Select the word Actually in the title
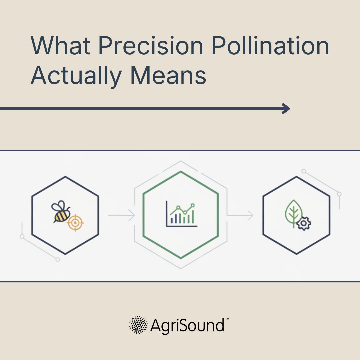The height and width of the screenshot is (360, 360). point(76,75)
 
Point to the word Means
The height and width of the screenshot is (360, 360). point(169,75)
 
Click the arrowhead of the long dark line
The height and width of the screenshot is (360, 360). point(286,109)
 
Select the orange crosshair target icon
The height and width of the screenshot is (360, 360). point(75,222)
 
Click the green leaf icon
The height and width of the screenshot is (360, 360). point(293,213)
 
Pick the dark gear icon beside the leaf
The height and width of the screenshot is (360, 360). point(303,223)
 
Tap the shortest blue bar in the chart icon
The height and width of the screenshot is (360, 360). point(172,220)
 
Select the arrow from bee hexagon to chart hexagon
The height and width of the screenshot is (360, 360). point(121,216)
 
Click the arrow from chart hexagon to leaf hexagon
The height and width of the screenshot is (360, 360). point(240,216)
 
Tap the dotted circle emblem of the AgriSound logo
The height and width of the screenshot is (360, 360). point(138,325)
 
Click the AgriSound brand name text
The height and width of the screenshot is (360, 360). point(187,325)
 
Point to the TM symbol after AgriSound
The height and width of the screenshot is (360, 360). point(227,319)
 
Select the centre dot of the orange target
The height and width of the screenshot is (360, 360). point(75,222)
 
